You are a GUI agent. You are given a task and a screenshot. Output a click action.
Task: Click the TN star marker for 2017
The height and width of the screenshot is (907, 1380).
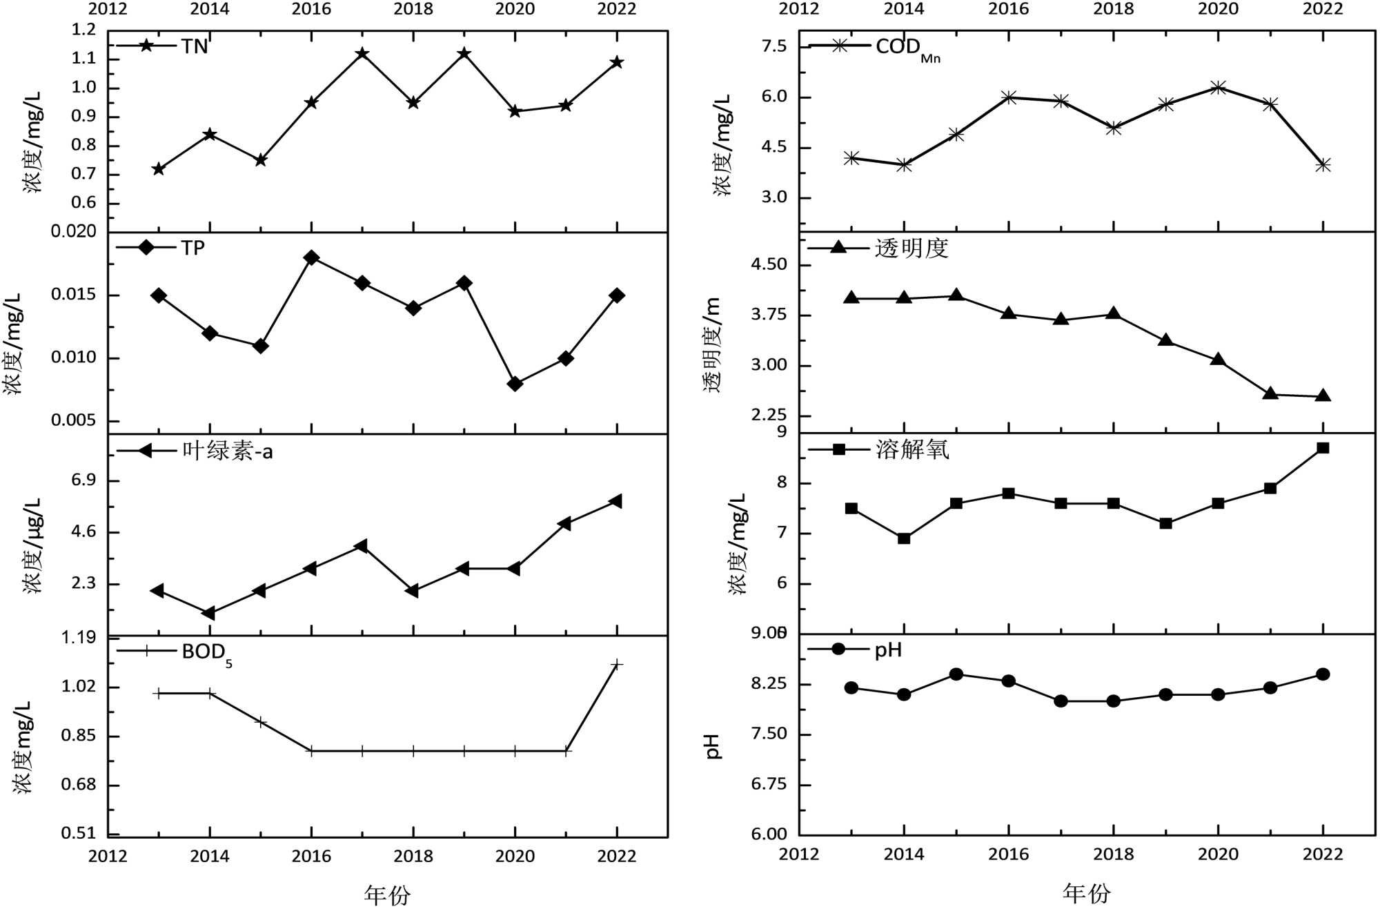(x=362, y=54)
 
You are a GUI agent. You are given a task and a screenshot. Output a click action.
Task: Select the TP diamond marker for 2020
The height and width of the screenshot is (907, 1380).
(x=515, y=384)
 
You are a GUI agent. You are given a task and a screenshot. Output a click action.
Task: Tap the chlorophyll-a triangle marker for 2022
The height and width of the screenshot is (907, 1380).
(x=616, y=501)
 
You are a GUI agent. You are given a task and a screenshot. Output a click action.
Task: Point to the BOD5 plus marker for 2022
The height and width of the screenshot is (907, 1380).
(x=617, y=665)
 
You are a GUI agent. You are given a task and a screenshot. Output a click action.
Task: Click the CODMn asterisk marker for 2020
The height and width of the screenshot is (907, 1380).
(x=1219, y=88)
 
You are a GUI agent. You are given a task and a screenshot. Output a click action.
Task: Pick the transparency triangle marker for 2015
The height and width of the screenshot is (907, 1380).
(x=956, y=295)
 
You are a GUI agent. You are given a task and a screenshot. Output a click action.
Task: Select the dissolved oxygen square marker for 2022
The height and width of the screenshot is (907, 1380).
(x=1323, y=448)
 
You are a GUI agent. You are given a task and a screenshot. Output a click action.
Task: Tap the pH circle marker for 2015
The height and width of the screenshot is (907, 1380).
(x=956, y=674)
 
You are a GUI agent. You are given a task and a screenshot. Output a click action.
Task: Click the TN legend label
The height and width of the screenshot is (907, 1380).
(x=194, y=46)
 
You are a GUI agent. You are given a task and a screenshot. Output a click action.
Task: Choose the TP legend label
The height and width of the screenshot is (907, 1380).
(x=193, y=248)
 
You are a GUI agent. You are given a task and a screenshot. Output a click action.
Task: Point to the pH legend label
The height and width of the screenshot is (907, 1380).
(x=888, y=650)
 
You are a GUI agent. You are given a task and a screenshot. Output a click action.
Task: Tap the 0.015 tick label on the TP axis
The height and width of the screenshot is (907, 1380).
(x=74, y=295)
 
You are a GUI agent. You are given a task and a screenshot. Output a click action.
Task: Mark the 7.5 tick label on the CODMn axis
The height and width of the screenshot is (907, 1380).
(x=773, y=46)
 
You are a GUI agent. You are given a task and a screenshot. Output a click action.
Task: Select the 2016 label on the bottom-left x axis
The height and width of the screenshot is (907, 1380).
(x=311, y=857)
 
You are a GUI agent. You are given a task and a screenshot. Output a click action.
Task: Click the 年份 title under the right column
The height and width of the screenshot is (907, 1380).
(x=1087, y=893)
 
